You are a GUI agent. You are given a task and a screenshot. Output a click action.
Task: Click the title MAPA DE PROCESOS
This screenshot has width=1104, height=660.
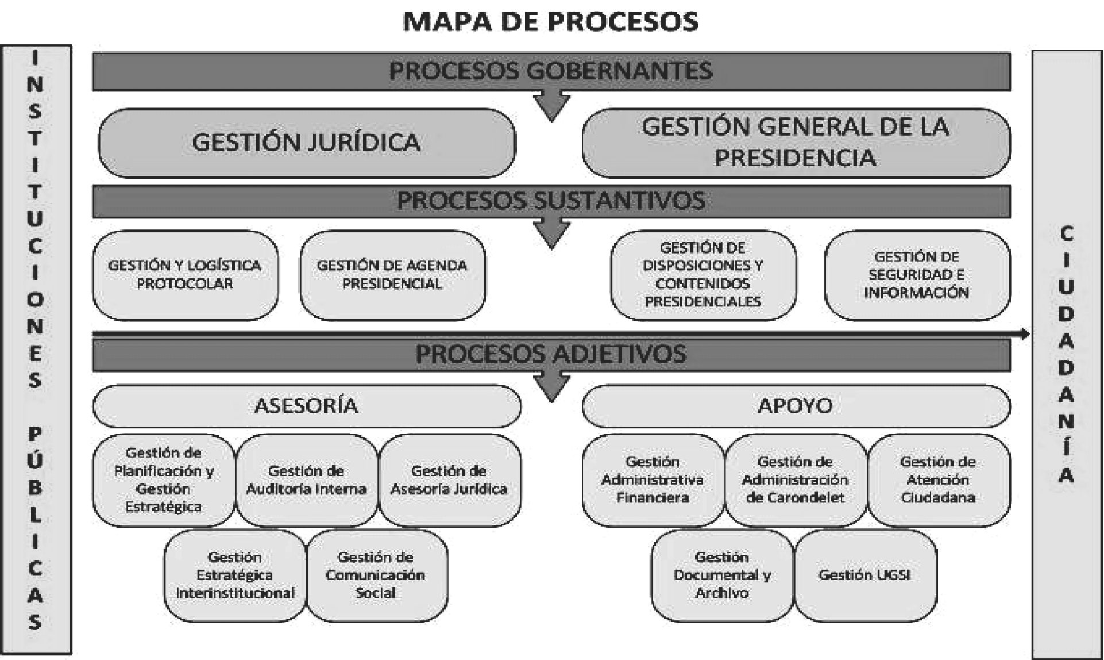coord(551,21)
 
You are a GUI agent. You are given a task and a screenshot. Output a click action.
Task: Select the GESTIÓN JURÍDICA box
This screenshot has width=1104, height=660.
coord(307,143)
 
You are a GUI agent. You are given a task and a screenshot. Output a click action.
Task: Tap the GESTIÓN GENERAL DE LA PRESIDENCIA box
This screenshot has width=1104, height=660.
coord(796,143)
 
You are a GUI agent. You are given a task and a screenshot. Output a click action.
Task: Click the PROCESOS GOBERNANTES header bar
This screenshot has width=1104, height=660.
coord(551,71)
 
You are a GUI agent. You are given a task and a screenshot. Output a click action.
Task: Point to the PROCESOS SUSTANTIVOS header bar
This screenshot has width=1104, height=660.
coord(551,201)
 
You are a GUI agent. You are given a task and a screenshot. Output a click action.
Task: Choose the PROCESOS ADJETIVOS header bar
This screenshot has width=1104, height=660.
coord(551,354)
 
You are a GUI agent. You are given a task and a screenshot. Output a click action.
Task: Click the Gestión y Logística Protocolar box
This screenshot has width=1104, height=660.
coord(185,275)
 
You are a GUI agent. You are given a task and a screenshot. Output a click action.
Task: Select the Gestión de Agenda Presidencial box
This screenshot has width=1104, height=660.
coord(392,275)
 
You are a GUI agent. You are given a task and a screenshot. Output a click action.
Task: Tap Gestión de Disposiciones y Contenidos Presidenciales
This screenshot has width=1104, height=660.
coord(703,275)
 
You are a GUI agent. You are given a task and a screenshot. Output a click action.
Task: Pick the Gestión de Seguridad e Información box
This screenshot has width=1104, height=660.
coord(917,275)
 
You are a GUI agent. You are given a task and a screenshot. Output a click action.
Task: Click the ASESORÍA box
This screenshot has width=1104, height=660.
coord(307,406)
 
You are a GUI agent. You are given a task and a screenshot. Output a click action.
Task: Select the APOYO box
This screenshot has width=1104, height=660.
coord(796,406)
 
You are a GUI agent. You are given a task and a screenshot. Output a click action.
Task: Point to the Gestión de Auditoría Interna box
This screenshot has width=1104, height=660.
coord(307,480)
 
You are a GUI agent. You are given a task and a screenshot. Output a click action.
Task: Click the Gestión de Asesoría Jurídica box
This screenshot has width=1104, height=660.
coord(450,480)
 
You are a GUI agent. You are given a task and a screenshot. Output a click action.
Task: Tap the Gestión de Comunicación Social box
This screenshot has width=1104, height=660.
coord(376,575)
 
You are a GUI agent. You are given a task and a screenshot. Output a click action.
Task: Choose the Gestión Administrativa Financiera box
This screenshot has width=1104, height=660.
coord(653,480)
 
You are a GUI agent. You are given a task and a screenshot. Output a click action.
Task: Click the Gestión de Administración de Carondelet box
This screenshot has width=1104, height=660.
coord(796,480)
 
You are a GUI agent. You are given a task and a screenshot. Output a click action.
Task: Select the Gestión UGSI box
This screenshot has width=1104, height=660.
coord(866,575)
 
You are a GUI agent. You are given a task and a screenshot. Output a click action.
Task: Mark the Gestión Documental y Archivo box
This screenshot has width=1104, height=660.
coord(723,575)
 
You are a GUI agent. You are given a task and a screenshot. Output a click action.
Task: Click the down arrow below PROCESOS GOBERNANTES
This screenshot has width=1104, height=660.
coord(551,106)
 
